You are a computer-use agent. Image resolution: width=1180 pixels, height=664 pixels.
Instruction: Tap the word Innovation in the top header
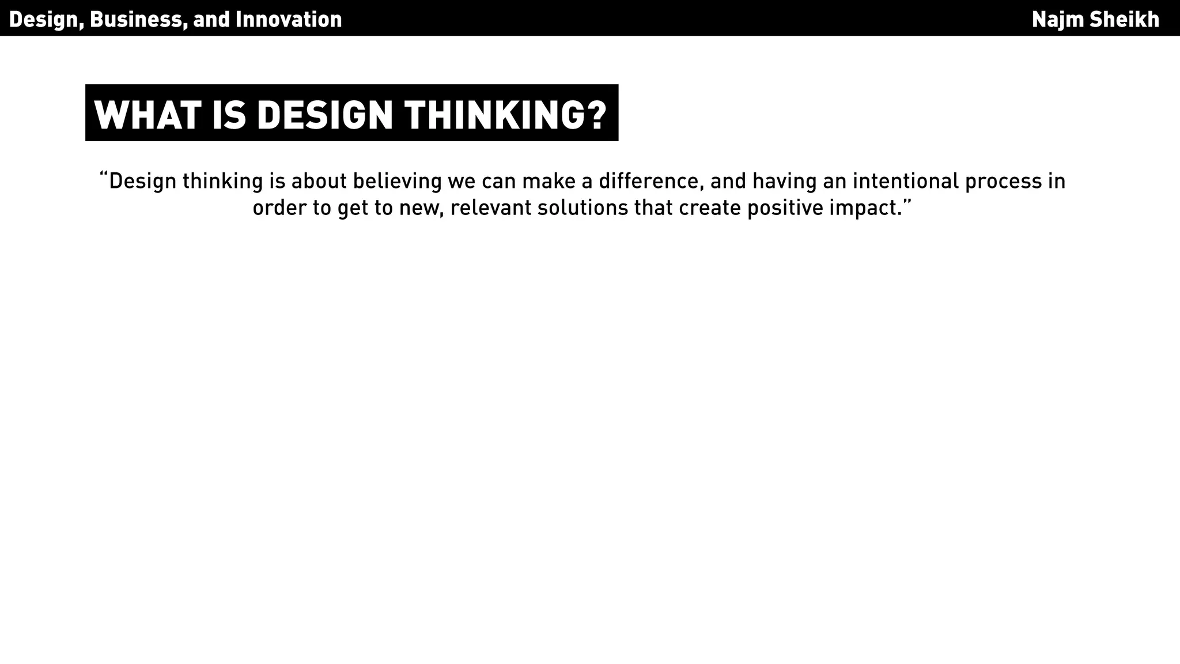(x=289, y=20)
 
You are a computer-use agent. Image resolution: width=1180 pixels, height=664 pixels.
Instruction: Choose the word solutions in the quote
(x=583, y=207)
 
